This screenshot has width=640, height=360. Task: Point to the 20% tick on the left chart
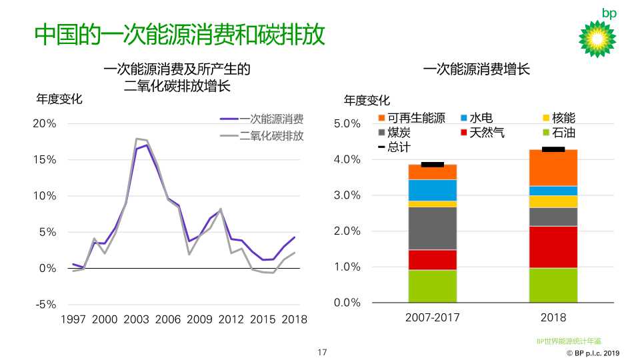[44, 124]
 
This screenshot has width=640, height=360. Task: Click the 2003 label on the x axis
[136, 319]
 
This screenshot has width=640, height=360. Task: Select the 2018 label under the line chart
[294, 319]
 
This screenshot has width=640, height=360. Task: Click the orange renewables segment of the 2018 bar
[553, 167]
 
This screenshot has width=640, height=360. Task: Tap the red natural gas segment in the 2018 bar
[553, 247]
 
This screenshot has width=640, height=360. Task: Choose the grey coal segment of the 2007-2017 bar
[432, 228]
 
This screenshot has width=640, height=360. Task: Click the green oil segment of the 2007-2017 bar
[432, 286]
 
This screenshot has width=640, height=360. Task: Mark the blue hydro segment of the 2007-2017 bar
[432, 190]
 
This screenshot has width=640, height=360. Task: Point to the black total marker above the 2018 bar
[553, 149]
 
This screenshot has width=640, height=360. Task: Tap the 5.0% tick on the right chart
[347, 124]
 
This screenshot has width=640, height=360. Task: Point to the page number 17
[322, 352]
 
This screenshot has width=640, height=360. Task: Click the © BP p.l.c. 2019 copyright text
[593, 353]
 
